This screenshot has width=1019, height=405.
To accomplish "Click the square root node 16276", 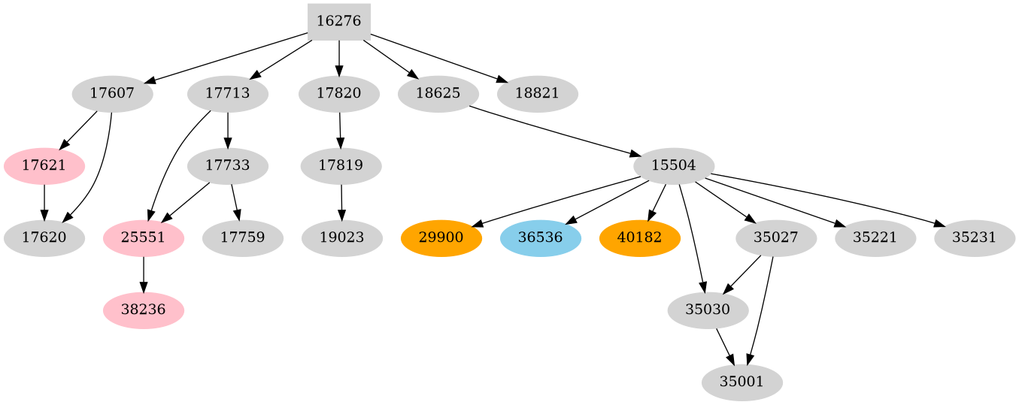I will tap(339, 21).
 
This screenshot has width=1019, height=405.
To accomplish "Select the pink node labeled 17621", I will tap(44, 165).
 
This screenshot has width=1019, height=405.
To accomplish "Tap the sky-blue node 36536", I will tap(541, 237).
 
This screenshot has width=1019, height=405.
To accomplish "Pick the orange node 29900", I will tap(441, 237).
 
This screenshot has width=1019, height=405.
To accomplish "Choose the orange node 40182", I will tap(640, 237).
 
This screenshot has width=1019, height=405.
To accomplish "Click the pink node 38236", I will tap(144, 310).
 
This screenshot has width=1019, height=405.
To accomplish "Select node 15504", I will tap(673, 165).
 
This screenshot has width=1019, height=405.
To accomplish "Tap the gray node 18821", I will tap(538, 93).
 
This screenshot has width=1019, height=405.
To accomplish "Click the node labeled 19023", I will tap(342, 237).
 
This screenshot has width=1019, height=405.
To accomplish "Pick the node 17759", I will tap(243, 237).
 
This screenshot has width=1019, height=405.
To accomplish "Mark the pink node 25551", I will tap(144, 237).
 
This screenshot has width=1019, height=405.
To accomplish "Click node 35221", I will tap(875, 237).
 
